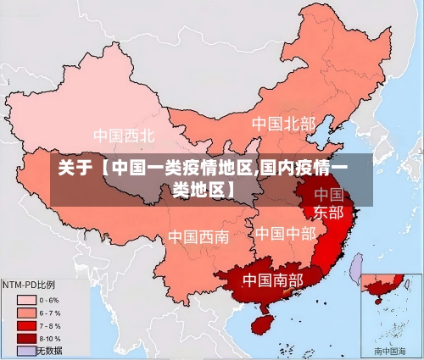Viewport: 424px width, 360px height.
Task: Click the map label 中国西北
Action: [x=124, y=136]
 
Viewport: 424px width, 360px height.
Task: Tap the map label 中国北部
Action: [x=283, y=124]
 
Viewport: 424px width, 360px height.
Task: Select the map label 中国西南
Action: [x=198, y=236]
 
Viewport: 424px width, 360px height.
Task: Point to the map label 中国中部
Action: [x=285, y=233]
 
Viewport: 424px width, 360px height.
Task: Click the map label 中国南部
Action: [x=272, y=279]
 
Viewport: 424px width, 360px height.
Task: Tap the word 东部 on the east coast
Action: [x=328, y=211]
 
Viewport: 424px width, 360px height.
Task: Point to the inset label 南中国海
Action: [x=391, y=351]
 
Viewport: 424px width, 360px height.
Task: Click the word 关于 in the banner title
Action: [x=74, y=168]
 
